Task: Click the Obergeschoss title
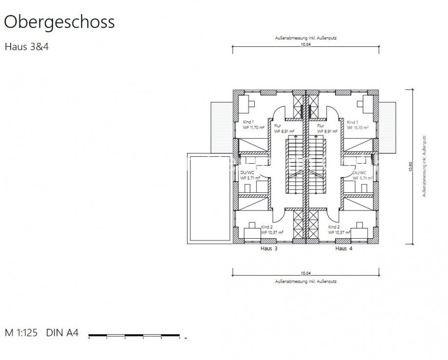59,22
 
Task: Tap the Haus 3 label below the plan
269,248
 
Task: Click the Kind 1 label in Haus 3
248,122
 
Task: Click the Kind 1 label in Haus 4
354,122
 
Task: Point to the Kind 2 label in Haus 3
266,227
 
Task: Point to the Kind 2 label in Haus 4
334,227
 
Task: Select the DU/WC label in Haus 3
247,172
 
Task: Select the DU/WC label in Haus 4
359,172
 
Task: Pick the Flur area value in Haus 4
328,131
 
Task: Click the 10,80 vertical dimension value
410,167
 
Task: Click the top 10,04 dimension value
305,43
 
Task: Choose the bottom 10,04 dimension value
305,273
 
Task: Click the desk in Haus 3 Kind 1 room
249,103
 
